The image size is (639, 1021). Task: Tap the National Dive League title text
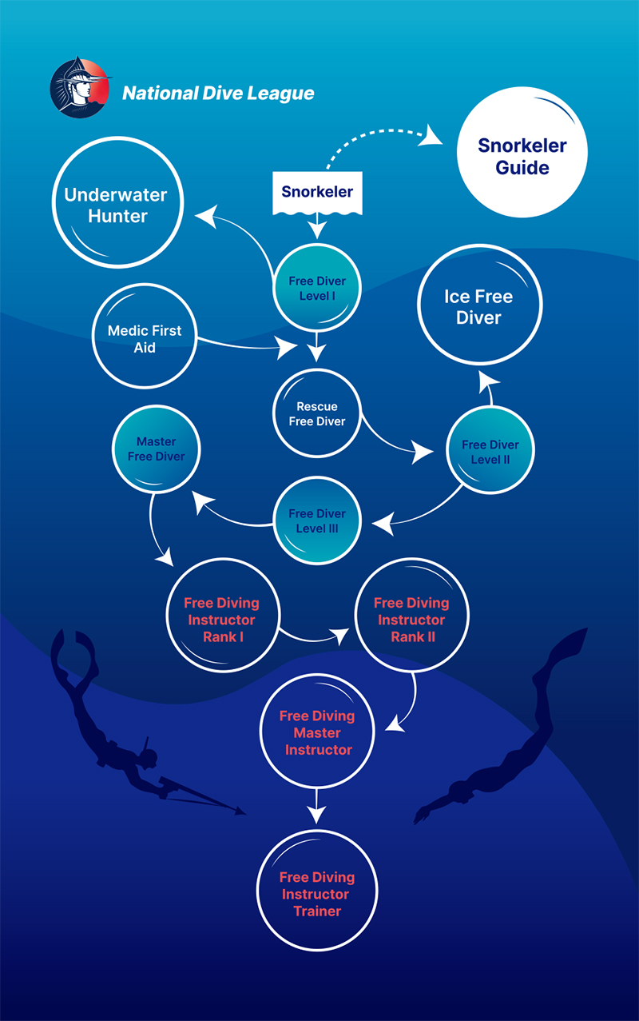point(218,94)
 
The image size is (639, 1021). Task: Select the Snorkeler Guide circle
point(522,157)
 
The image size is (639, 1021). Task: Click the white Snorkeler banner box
point(317,193)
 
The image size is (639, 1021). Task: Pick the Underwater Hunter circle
point(117,205)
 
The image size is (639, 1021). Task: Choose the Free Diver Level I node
point(317,289)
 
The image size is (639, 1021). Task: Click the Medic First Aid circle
point(145,339)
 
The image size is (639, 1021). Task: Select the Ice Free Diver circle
point(478,307)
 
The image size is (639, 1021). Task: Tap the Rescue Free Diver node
point(317,413)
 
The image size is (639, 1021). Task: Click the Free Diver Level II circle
point(490,452)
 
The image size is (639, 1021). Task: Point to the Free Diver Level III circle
point(317,520)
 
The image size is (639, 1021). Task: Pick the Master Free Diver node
point(156,449)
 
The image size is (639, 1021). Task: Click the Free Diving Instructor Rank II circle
point(411,620)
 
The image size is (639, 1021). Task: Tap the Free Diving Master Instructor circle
point(317,732)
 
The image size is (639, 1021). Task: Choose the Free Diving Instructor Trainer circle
point(317,893)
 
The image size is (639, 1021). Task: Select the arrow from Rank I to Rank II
point(316,638)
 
